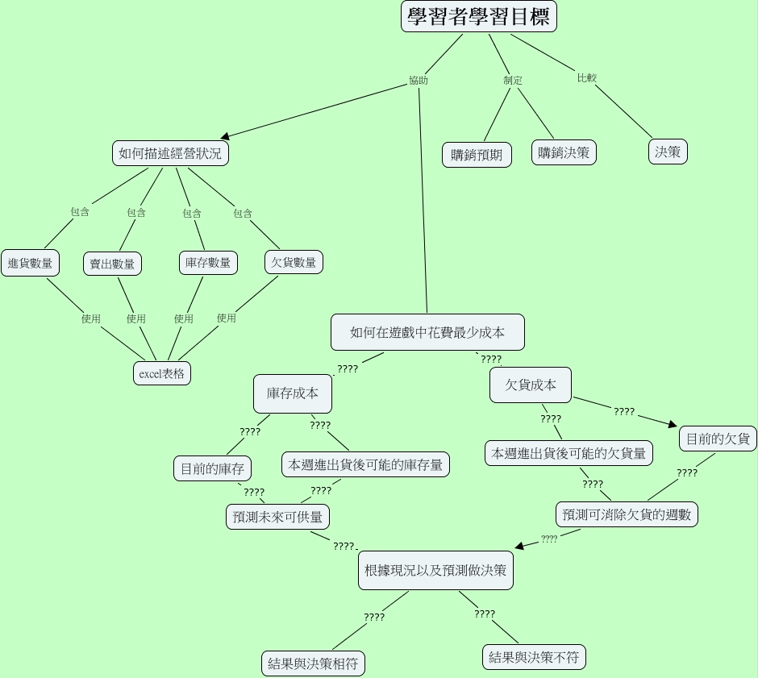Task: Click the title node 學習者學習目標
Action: click(x=478, y=18)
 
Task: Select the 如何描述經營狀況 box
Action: click(x=170, y=153)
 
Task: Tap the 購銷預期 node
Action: click(x=477, y=155)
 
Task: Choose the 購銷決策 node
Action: click(x=564, y=152)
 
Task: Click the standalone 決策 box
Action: click(x=668, y=152)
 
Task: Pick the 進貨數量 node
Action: click(x=30, y=263)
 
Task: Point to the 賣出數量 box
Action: click(x=112, y=264)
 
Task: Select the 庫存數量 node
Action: click(x=207, y=262)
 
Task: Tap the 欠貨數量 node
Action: click(x=294, y=262)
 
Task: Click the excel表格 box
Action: click(x=162, y=373)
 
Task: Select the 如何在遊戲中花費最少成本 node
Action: click(x=427, y=332)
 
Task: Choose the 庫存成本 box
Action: click(x=293, y=393)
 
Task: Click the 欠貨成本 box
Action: click(x=531, y=385)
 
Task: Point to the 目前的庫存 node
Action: click(x=212, y=468)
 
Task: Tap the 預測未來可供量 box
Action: click(x=277, y=517)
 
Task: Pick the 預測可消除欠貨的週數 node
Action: click(x=627, y=514)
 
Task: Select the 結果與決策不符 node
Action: click(x=534, y=657)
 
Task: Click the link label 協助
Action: click(x=419, y=81)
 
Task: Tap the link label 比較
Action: click(x=586, y=78)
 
